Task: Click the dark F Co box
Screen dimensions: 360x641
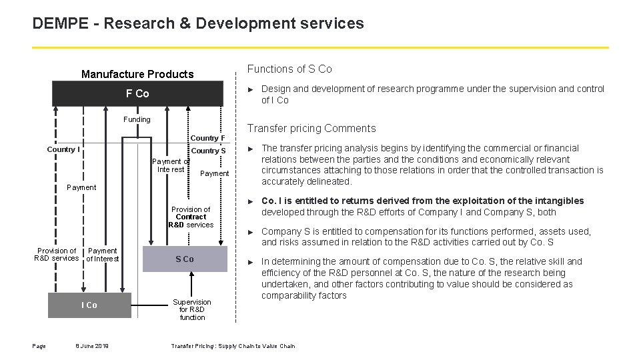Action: tap(137, 94)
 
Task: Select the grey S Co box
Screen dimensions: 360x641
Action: tap(185, 259)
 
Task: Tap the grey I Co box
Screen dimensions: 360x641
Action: tap(89, 305)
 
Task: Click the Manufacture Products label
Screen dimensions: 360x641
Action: tap(137, 74)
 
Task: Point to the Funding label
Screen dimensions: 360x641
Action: tap(137, 119)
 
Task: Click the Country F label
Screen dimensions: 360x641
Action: tap(208, 138)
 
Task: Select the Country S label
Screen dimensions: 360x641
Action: tap(208, 151)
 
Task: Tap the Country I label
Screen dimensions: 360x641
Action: tap(63, 149)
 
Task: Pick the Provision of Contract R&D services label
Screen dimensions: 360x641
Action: tap(191, 217)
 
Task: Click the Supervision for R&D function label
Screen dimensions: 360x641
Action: tap(192, 309)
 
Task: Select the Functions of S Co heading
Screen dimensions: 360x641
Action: tap(289, 69)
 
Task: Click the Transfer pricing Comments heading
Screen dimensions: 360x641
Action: tap(311, 128)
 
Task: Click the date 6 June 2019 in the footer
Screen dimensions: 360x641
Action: tap(93, 345)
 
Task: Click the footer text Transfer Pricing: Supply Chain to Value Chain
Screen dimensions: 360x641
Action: tap(233, 345)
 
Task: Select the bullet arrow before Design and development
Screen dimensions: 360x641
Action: tap(251, 89)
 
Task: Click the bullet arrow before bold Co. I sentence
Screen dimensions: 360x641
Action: tap(251, 201)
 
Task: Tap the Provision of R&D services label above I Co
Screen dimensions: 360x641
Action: tap(57, 255)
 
